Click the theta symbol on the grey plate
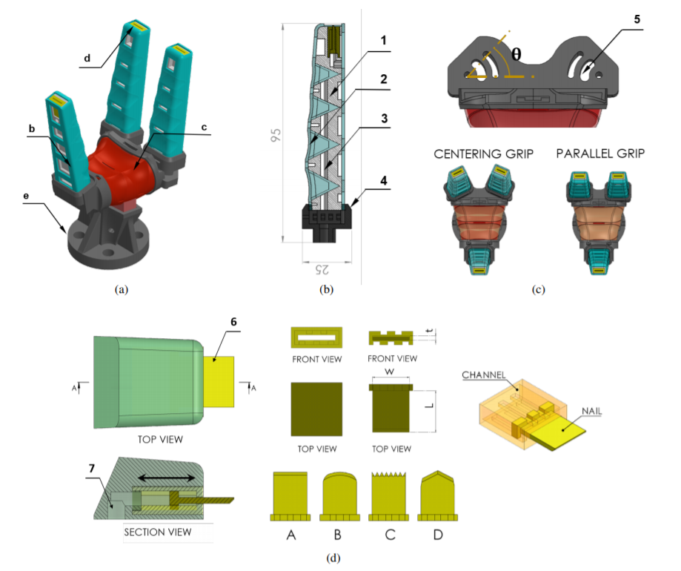click(x=516, y=53)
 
